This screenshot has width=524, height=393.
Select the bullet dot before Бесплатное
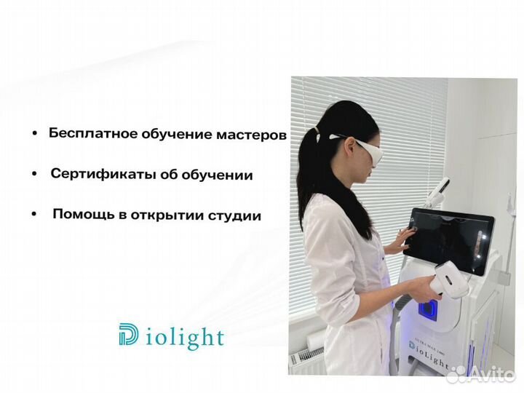[35, 135]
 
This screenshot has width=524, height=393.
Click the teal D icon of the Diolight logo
[129, 337]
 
